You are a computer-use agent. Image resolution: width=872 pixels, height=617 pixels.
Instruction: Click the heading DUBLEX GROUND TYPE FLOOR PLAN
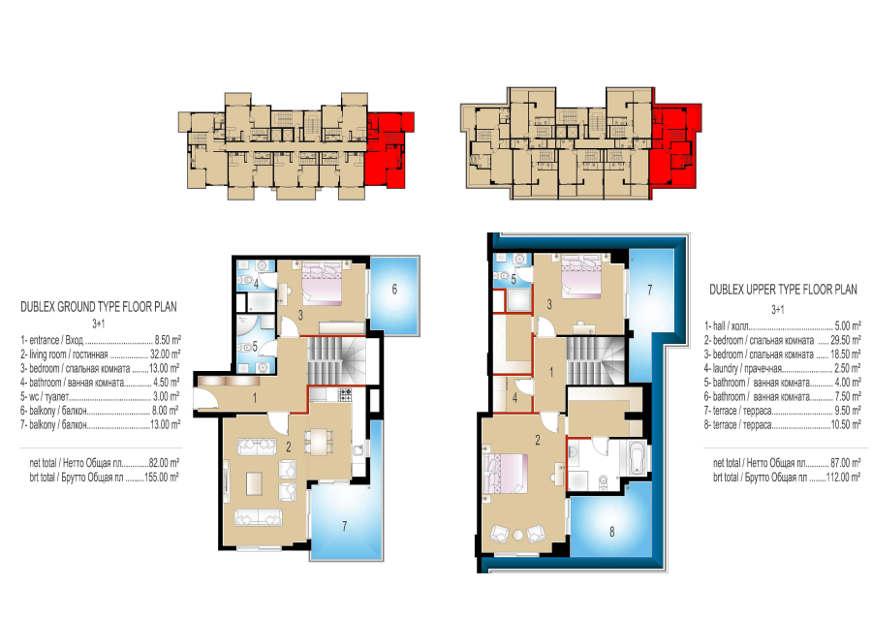99,307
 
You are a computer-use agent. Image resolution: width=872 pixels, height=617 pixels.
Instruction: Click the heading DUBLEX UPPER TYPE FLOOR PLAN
783,289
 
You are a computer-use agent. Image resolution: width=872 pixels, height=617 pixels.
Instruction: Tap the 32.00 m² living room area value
165,355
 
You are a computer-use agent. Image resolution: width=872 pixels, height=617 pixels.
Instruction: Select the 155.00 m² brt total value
162,477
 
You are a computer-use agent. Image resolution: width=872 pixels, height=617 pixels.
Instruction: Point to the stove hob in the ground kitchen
345,394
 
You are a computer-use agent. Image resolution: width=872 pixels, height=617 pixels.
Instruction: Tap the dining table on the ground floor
319,443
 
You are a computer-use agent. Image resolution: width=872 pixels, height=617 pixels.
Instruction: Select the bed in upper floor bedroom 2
506,473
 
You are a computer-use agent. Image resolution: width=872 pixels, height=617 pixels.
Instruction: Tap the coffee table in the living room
255,482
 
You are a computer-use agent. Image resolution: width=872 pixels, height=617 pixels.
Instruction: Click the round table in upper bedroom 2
518,536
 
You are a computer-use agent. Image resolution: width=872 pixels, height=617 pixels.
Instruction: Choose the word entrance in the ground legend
44,340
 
